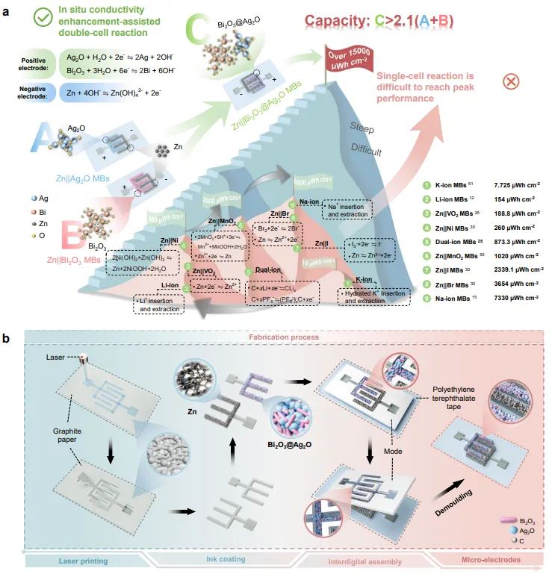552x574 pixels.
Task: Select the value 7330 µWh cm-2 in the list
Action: (x=515, y=298)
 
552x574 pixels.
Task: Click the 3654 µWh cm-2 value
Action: (x=515, y=284)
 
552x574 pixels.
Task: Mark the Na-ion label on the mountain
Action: (x=310, y=202)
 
